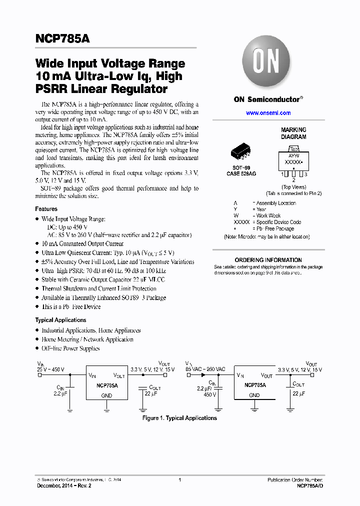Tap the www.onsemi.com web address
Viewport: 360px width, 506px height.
pos(268,113)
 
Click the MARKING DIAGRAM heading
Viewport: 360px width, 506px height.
pos(293,133)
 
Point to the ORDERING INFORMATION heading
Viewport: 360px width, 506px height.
pos(268,260)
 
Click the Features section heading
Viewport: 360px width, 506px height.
pos(46,209)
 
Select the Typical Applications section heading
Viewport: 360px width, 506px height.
pos(60,320)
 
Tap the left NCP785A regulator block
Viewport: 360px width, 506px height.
pos(107,385)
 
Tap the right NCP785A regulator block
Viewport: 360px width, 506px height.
pos(254,385)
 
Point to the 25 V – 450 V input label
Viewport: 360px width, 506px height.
pos(50,369)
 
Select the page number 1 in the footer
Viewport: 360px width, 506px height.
pos(179,479)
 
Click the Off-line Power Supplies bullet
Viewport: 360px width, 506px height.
pos(70,348)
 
